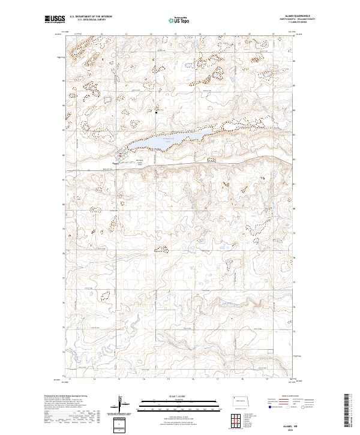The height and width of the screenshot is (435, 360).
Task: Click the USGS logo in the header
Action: point(55,20)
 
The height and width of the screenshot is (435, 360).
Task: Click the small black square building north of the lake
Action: point(157,112)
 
